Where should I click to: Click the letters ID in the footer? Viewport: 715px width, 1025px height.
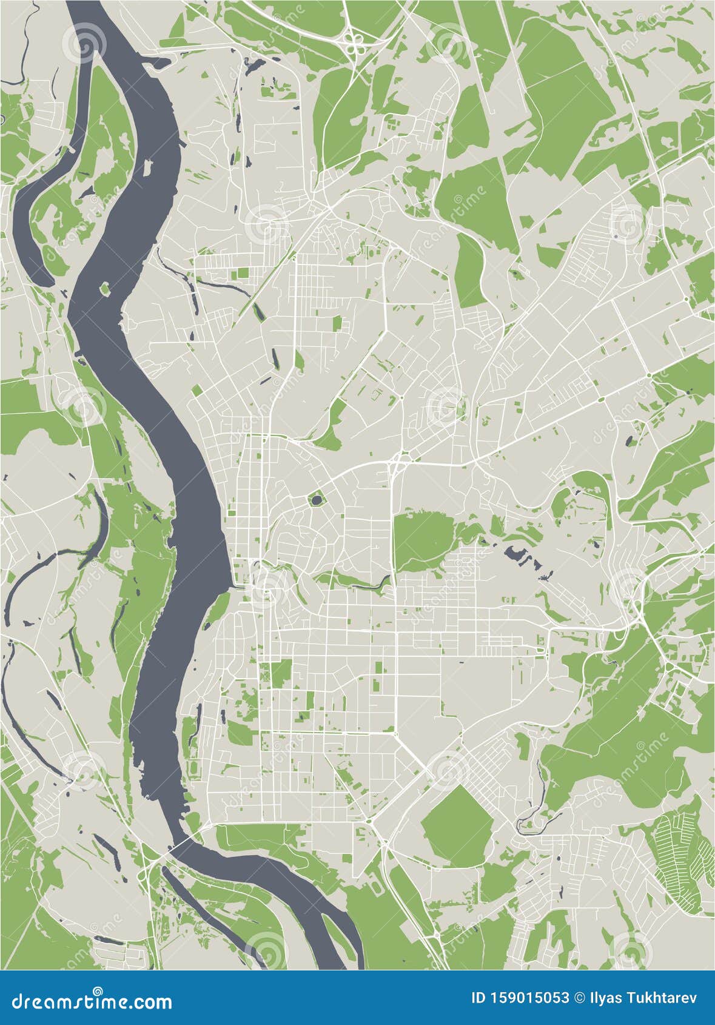click(478, 997)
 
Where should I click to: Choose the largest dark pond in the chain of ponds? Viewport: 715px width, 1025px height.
click(516, 553)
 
